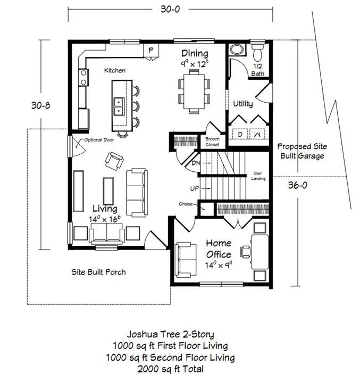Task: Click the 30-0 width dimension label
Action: pos(170,9)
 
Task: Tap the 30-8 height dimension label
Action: pos(41,105)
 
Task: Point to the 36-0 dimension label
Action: pos(297,186)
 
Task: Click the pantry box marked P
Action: pos(151,51)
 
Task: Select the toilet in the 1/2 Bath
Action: pos(258,52)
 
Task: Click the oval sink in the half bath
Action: pos(236,49)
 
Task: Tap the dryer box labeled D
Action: pos(240,135)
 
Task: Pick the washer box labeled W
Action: pos(257,135)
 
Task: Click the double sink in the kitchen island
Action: pos(119,106)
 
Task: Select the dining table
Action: pos(194,91)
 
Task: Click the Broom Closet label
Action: pos(212,141)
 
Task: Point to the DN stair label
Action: pos(196,163)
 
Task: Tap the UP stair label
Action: pos(195,188)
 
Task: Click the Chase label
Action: pos(186,204)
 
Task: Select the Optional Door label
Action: pos(99,140)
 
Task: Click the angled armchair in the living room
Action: pos(114,161)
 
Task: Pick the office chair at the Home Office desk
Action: pos(246,252)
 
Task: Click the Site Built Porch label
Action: pos(98,272)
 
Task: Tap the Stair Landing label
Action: pos(258,176)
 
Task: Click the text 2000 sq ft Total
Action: pos(171,369)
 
